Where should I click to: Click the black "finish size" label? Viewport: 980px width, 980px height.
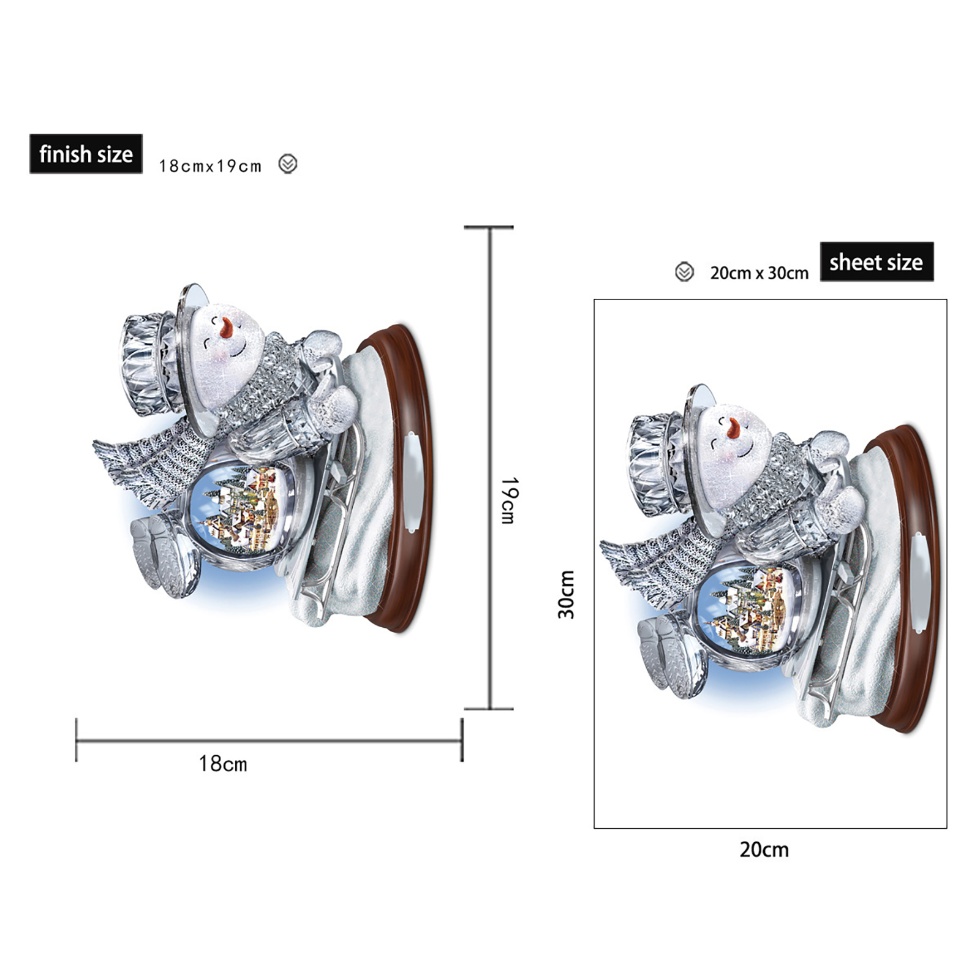[86, 154]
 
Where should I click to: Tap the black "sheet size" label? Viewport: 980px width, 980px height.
[876, 262]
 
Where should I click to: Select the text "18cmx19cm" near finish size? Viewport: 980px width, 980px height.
[210, 166]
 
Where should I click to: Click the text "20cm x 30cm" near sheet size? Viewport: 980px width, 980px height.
[759, 273]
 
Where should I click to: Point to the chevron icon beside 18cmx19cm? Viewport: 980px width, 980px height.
[288, 164]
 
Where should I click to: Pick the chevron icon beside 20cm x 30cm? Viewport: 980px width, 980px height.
[684, 272]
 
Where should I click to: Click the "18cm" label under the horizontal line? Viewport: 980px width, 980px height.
[223, 764]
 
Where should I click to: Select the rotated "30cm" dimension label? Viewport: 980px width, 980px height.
[566, 595]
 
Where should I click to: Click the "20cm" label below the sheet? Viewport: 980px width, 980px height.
[764, 850]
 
